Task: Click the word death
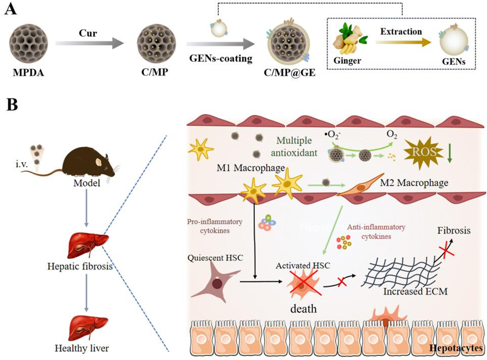(x=301, y=309)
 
